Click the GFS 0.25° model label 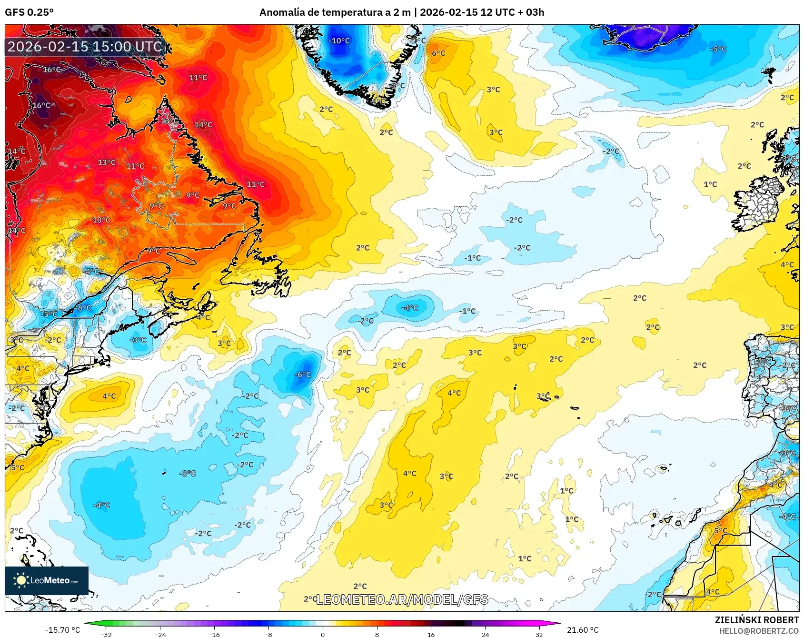tap(29, 12)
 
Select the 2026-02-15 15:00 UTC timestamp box tap(85, 47)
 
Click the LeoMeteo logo tap(47, 580)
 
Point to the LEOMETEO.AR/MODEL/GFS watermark tap(402, 599)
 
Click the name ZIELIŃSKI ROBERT tap(756, 620)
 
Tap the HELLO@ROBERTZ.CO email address tap(759, 631)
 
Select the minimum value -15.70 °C tap(63, 630)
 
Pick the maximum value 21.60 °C tap(582, 630)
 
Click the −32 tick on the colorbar tap(106, 634)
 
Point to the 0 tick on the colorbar tap(323, 634)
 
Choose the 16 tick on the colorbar tap(431, 634)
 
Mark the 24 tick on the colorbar tap(485, 634)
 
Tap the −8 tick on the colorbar tap(268, 634)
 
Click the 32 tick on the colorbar tap(539, 634)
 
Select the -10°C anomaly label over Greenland tap(339, 41)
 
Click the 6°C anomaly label tap(438, 53)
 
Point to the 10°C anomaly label tap(101, 220)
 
